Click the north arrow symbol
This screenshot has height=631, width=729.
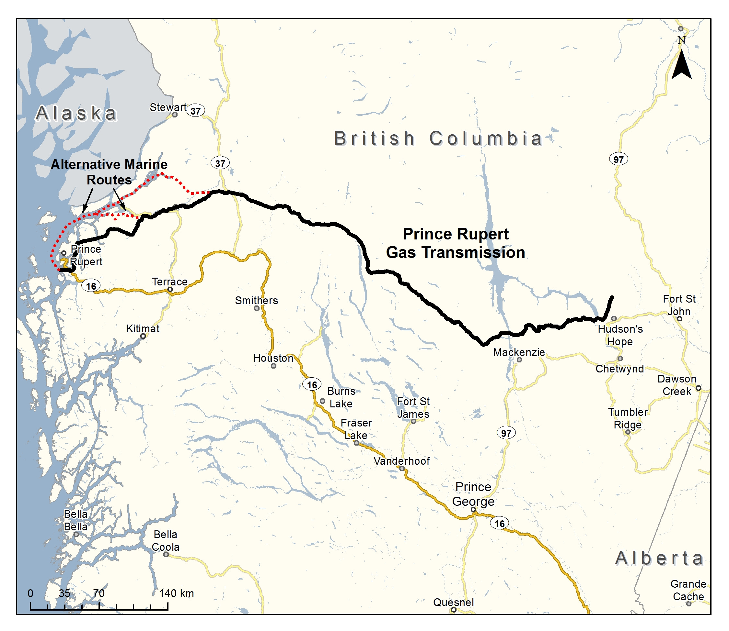click(x=681, y=64)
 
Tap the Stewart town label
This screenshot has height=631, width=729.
click(x=168, y=107)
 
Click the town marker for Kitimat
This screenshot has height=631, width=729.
click(x=143, y=336)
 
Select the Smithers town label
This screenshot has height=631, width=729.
click(x=256, y=300)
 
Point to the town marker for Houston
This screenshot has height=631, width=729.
click(x=273, y=366)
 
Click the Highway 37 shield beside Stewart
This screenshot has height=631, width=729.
click(x=196, y=111)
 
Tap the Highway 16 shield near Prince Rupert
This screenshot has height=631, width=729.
click(x=91, y=286)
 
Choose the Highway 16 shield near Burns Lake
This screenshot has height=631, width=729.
click(x=312, y=384)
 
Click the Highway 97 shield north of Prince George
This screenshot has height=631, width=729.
click(x=506, y=433)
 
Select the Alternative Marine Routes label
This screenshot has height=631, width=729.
click(x=109, y=172)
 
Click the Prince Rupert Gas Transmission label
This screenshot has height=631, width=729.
click(x=456, y=243)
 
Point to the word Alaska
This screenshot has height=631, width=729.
click(x=76, y=113)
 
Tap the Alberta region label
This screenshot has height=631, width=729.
click(x=659, y=559)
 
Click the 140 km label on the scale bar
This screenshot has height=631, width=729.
click(x=176, y=593)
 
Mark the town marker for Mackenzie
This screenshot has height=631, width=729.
click(x=519, y=360)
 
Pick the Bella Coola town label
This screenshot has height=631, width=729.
click(x=165, y=541)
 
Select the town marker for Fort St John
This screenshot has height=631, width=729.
click(x=679, y=319)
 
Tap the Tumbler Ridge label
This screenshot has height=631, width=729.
click(x=628, y=418)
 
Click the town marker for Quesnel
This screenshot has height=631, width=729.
click(x=454, y=610)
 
